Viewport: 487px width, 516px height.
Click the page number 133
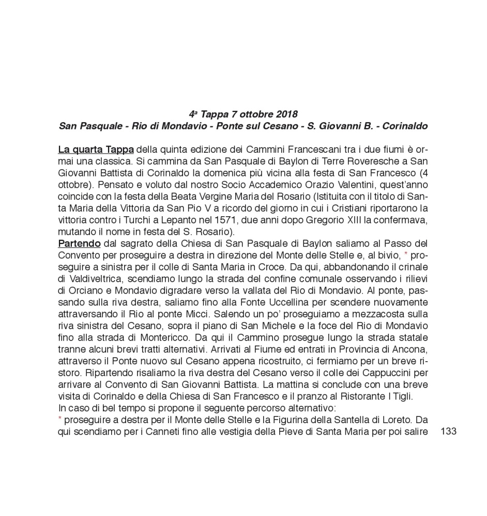pyautogui.click(x=448, y=431)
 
